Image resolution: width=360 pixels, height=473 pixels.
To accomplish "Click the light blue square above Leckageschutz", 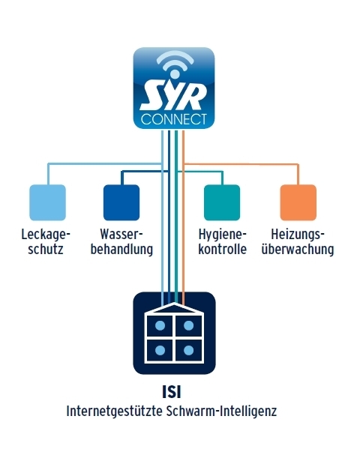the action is [47, 202].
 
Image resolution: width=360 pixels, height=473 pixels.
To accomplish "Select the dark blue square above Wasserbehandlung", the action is [121, 202].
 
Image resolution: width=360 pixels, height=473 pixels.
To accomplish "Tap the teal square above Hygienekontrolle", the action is [222, 202].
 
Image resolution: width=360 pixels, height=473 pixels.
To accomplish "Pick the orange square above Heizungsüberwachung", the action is [298, 202].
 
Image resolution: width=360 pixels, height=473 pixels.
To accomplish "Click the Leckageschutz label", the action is [46, 242].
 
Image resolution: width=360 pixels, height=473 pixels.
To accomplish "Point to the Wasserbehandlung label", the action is [121, 242].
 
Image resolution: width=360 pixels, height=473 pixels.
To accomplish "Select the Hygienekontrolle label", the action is [223, 242].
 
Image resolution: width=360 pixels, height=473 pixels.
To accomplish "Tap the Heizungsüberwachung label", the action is [298, 242].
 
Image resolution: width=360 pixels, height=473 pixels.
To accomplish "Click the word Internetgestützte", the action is [114, 412].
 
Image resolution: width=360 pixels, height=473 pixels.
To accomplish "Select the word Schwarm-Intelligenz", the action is [221, 412].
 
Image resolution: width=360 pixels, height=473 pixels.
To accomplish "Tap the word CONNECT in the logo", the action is [174, 119].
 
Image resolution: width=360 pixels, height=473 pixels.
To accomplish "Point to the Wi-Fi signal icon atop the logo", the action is [175, 65].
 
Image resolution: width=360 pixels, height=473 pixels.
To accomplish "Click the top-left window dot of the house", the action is [160, 325].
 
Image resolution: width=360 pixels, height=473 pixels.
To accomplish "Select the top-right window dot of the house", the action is [188, 325].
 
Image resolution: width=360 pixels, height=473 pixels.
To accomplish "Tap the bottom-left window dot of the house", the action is [160, 351].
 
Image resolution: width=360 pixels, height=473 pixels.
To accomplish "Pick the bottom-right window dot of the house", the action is [188, 351].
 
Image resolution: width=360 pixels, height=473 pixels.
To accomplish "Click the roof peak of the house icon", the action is [175, 304].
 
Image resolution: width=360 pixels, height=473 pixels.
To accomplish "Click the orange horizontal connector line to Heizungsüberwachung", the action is [241, 164].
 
